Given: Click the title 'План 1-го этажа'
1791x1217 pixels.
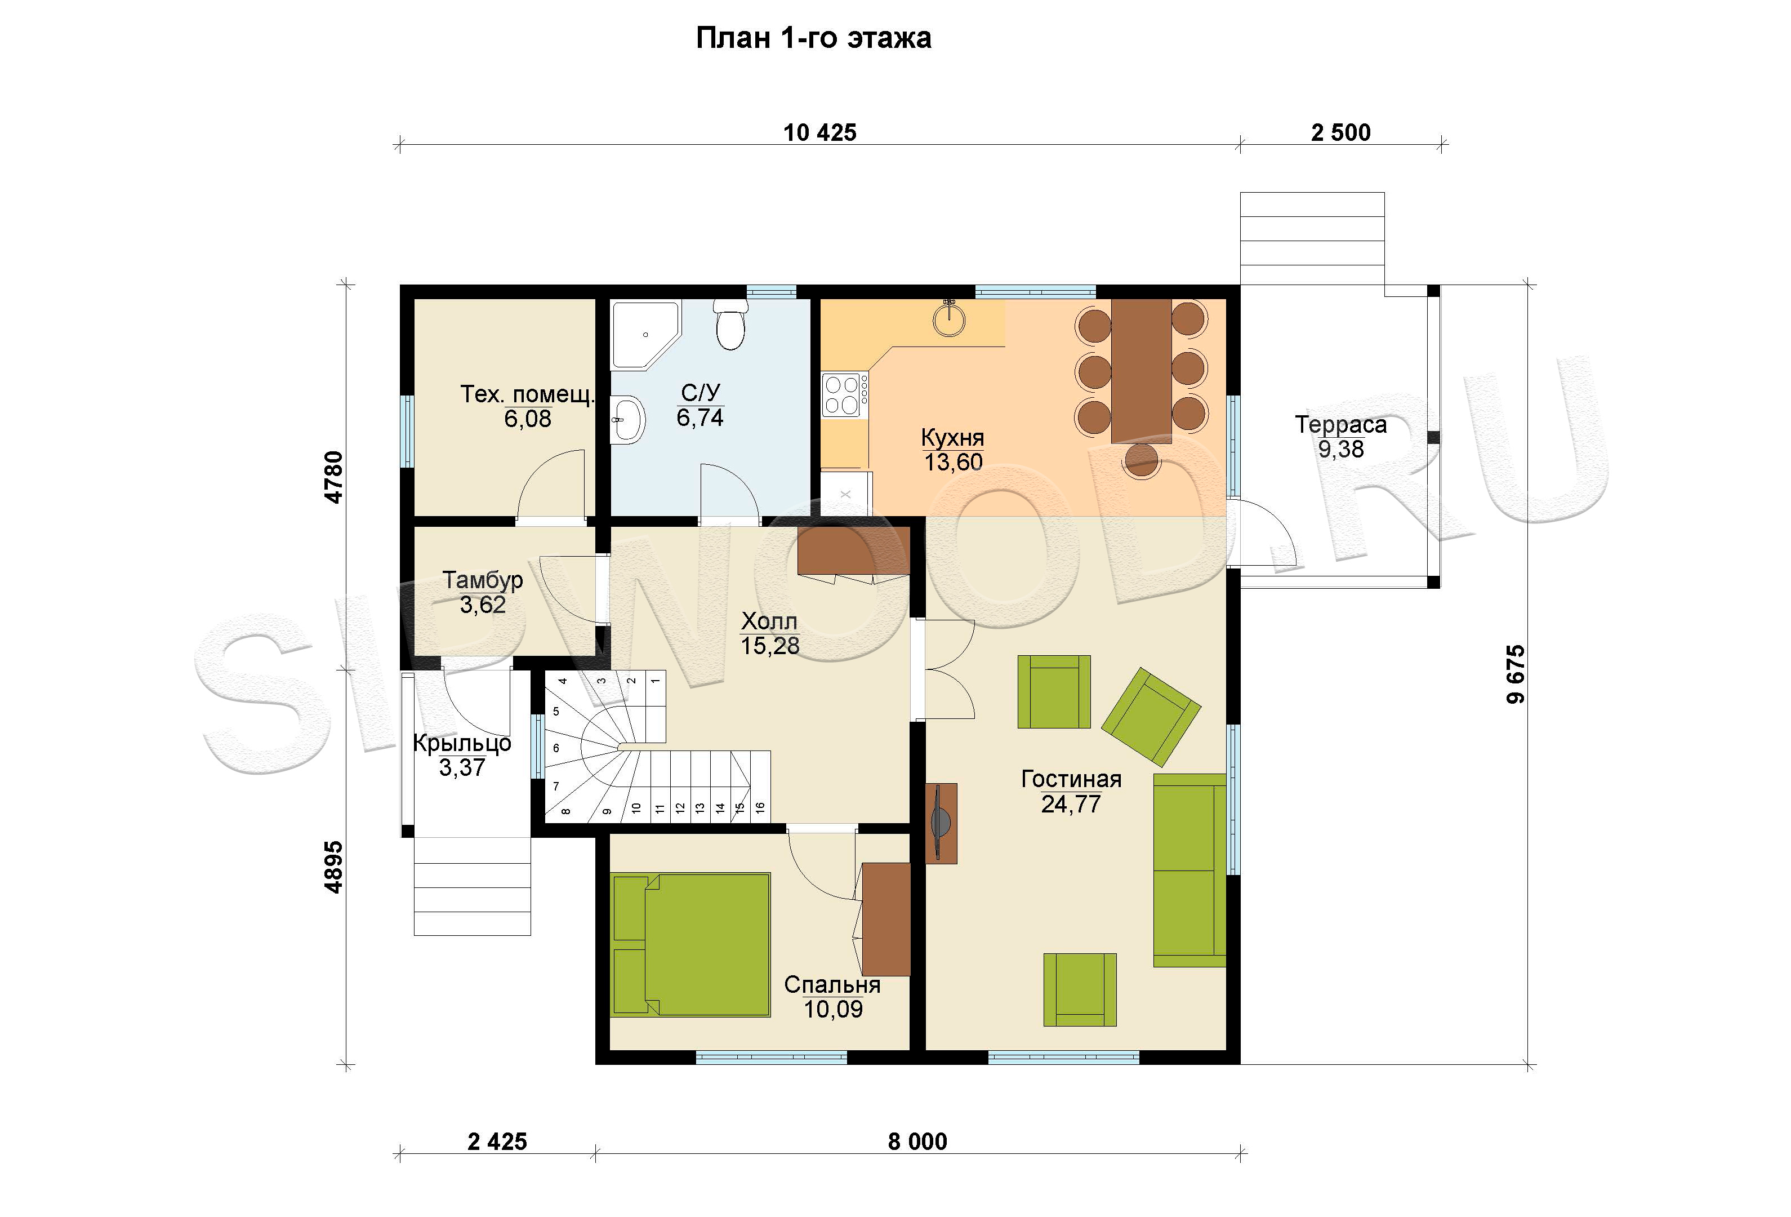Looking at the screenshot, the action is click(813, 38).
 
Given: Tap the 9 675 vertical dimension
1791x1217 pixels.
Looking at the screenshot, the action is click(1515, 674).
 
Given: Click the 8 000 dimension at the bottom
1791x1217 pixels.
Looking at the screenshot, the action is click(917, 1142).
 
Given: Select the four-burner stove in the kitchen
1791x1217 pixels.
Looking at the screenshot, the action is click(845, 394).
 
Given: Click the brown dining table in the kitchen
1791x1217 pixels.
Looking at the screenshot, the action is click(1141, 371).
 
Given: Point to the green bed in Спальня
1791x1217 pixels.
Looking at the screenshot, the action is click(690, 944).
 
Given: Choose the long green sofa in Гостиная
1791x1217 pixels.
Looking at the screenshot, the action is click(1189, 870).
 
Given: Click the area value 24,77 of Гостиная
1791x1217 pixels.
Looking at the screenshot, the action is click(1071, 805).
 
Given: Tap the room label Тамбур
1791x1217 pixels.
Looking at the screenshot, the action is click(483, 580).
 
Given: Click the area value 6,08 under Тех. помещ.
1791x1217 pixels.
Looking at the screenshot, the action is click(528, 419).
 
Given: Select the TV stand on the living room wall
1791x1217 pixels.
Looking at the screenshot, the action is click(941, 823).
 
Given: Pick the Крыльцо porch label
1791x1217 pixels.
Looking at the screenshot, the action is click(462, 743).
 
